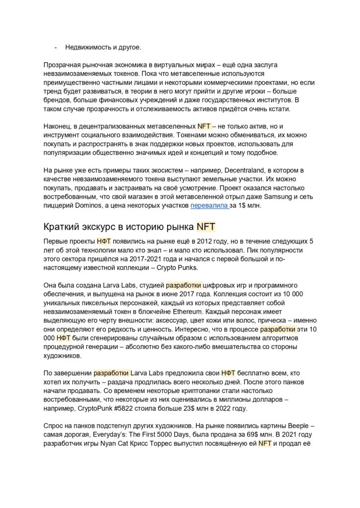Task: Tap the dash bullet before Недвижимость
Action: coord(55,47)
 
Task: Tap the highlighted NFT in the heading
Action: coord(206,227)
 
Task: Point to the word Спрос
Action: coord(54,426)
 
